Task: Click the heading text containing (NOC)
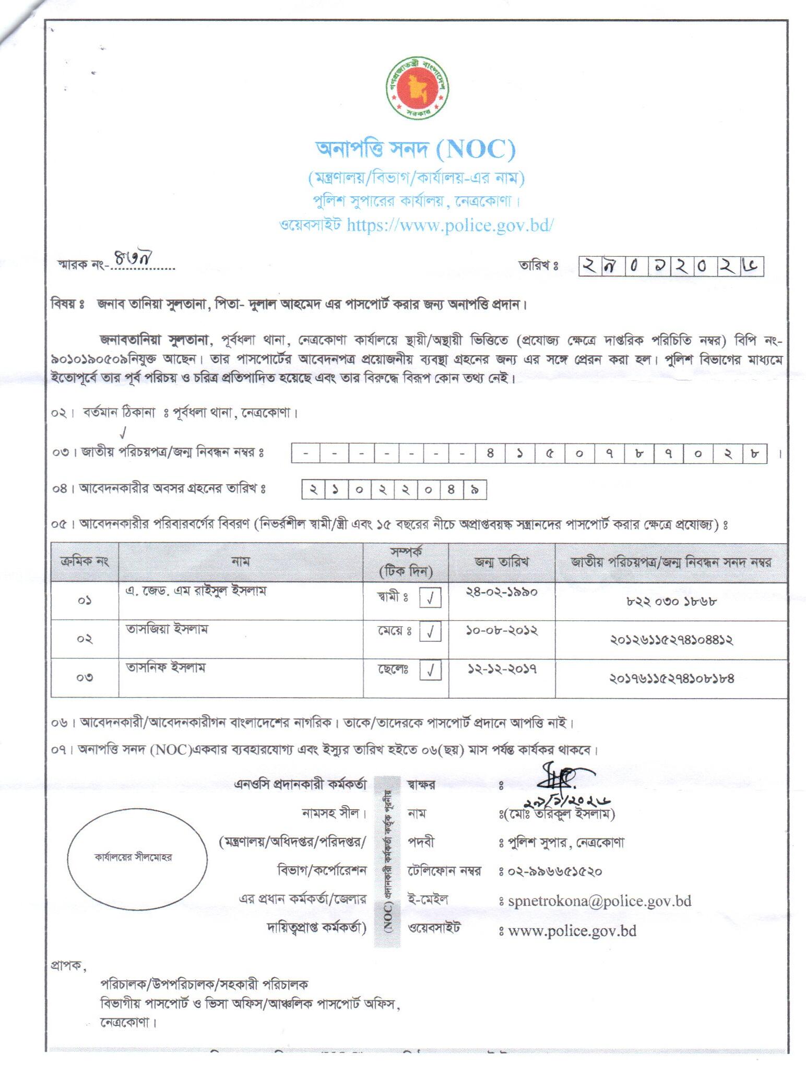click(416, 150)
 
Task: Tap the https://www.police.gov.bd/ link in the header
click(449, 224)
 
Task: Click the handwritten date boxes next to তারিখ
click(671, 266)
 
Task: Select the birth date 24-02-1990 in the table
click(501, 592)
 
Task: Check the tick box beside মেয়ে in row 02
click(430, 632)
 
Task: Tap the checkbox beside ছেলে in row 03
click(430, 670)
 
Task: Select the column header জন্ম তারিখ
click(501, 562)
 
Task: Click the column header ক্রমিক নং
click(85, 562)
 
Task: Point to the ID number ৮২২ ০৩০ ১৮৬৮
click(671, 601)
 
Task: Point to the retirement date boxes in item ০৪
click(394, 490)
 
